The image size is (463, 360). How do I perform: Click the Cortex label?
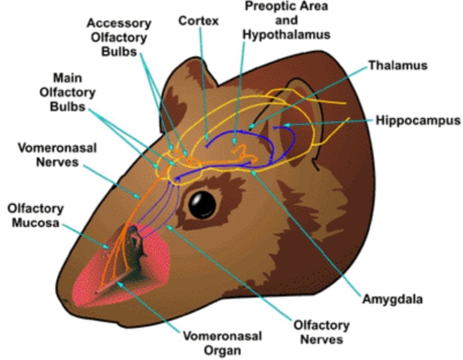[x=198, y=21]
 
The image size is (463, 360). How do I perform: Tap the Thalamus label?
[x=397, y=65]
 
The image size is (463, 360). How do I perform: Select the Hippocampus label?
[x=418, y=120]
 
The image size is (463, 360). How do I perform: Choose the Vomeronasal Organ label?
[x=222, y=343]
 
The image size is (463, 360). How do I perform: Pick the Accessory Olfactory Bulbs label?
[x=118, y=37]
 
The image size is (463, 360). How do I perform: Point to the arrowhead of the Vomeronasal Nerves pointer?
[x=140, y=198]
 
